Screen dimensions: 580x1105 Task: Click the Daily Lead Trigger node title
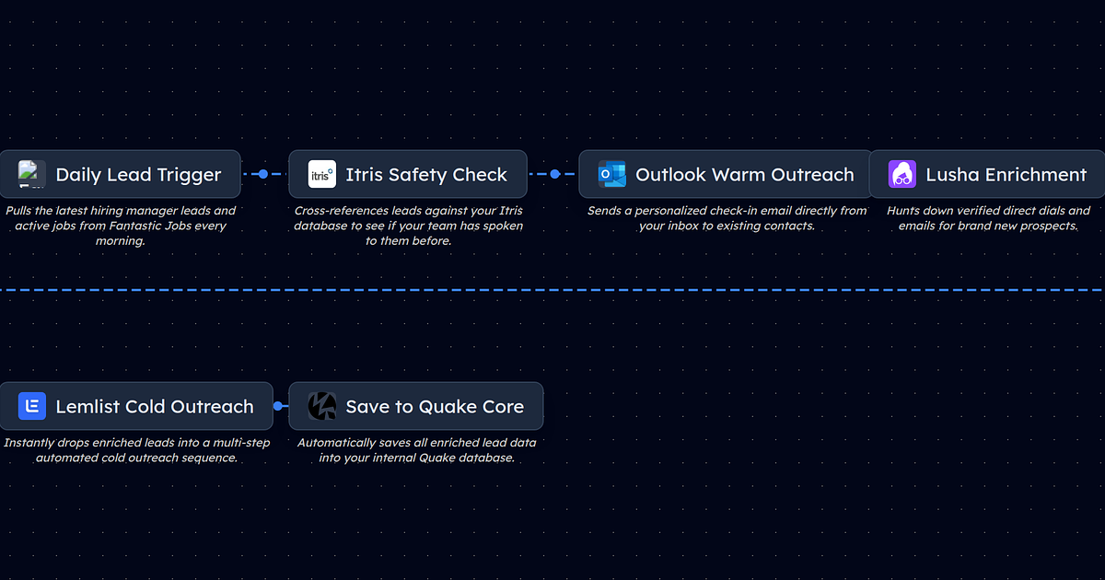[x=138, y=175]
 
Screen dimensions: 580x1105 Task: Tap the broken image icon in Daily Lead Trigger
[x=32, y=174]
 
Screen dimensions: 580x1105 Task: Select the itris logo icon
[x=321, y=174]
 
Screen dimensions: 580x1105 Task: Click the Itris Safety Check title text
[x=425, y=175]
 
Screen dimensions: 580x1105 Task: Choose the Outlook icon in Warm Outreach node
[x=611, y=174]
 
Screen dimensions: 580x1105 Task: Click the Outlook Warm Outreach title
[x=744, y=175]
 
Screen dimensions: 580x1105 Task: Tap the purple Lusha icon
[x=901, y=174]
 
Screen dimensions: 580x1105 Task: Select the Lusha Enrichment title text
[x=1006, y=175]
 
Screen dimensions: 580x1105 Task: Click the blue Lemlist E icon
[x=32, y=406]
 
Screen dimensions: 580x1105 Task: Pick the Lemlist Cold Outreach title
[x=154, y=407]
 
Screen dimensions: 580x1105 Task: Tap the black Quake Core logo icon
[x=321, y=406]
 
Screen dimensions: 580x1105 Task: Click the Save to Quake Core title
[x=435, y=407]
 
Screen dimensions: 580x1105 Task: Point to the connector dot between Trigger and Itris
[x=263, y=174]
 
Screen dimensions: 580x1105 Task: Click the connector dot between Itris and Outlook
[x=554, y=174]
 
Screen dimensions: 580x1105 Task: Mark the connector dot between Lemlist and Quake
[x=277, y=406]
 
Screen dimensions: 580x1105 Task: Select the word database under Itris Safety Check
[x=322, y=226]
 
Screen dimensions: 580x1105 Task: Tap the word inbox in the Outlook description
[x=682, y=226]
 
